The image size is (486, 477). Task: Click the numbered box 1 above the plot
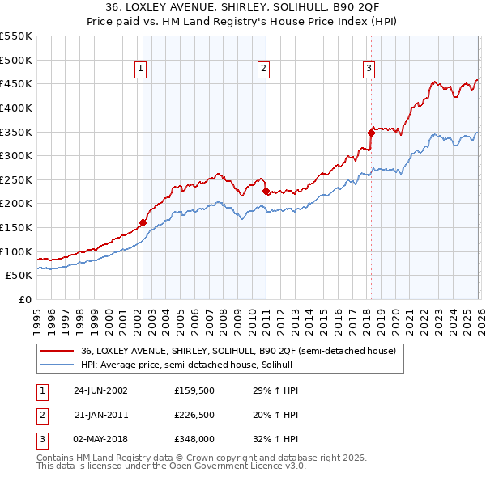pyautogui.click(x=141, y=70)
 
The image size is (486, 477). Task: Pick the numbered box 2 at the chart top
pyautogui.click(x=264, y=70)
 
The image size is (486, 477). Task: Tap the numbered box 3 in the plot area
pyautogui.click(x=369, y=70)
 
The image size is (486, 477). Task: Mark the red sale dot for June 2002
pyautogui.click(x=143, y=222)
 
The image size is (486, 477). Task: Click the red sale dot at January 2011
pyautogui.click(x=266, y=191)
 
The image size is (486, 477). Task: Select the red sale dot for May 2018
pyautogui.click(x=371, y=132)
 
